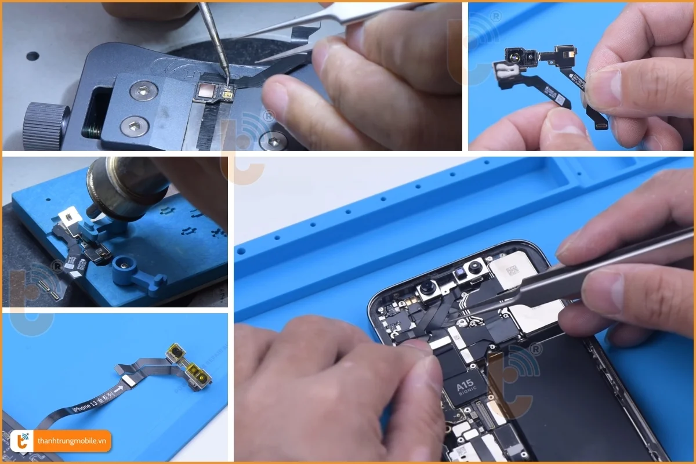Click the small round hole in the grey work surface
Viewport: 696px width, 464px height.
point(32,56)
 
